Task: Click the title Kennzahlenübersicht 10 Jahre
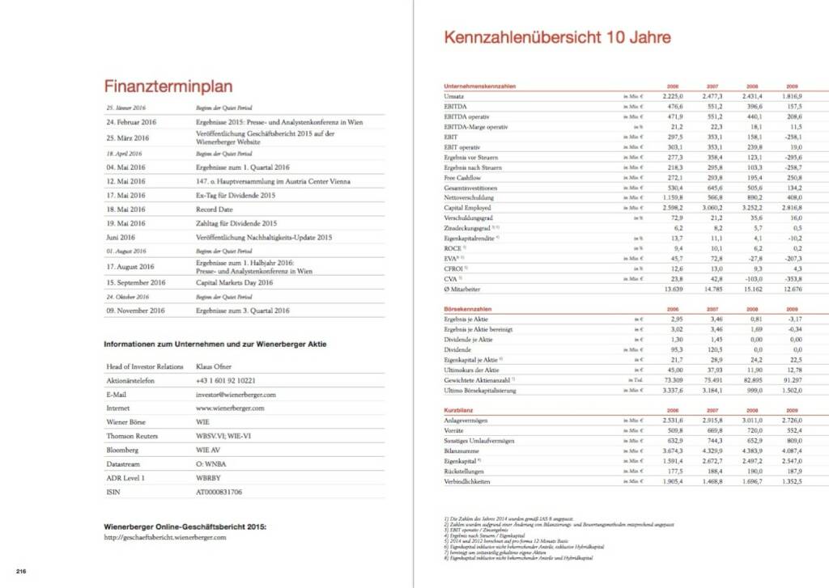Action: coord(557,37)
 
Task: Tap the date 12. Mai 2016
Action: coord(125,181)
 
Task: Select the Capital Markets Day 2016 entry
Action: coord(234,283)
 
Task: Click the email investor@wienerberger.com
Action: coord(236,395)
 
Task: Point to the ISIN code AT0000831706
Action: coord(219,492)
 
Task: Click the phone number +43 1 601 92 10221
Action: coord(227,380)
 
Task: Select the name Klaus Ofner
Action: coord(215,366)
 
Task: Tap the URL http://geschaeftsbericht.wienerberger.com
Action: coord(165,537)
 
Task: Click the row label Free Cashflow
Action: coord(462,178)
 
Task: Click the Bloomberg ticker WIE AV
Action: coord(209,450)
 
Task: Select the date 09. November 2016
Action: coord(135,311)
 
